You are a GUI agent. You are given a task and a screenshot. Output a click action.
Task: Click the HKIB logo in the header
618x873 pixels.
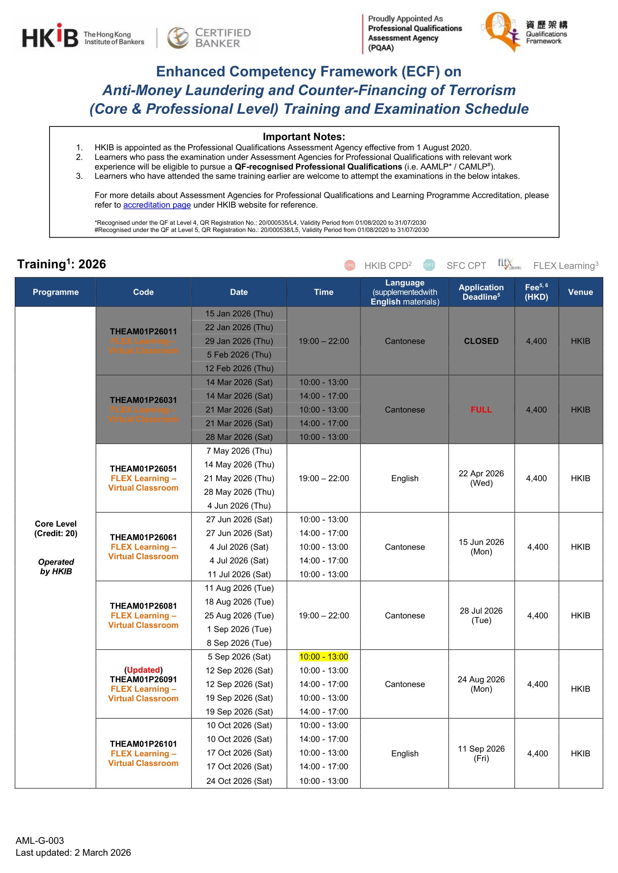pyautogui.click(x=50, y=37)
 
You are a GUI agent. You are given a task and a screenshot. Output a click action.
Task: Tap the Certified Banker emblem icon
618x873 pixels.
pyautogui.click(x=178, y=38)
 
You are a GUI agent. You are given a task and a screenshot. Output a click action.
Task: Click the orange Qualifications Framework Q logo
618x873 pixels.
pyautogui.click(x=499, y=31)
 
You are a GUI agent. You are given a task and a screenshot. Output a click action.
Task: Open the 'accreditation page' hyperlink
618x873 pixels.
pyautogui.click(x=157, y=205)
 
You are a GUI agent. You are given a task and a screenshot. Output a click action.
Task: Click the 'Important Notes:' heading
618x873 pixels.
pyautogui.click(x=304, y=136)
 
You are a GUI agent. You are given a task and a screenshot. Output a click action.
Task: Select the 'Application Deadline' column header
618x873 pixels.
pyautogui.click(x=481, y=292)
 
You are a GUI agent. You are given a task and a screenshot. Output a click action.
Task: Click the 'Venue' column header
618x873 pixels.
pyautogui.click(x=580, y=292)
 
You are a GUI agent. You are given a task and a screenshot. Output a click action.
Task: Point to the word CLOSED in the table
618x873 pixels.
pyautogui.click(x=481, y=341)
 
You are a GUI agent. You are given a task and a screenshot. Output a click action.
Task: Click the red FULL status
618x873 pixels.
pyautogui.click(x=481, y=409)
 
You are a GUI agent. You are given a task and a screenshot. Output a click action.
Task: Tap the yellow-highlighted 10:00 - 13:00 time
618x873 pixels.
pyautogui.click(x=324, y=657)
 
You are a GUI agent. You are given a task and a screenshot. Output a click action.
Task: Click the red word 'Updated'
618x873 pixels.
pyautogui.click(x=143, y=670)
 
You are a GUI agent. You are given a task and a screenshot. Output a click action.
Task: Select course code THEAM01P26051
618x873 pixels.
pyautogui.click(x=143, y=468)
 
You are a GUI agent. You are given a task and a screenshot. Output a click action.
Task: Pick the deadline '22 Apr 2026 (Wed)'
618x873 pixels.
pyautogui.click(x=481, y=478)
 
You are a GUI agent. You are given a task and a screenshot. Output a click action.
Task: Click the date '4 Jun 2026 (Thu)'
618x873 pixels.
pyautogui.click(x=239, y=506)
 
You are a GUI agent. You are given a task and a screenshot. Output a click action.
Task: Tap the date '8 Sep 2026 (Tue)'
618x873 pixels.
pyautogui.click(x=239, y=643)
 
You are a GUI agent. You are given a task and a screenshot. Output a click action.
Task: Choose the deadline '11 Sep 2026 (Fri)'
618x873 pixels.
pyautogui.click(x=481, y=753)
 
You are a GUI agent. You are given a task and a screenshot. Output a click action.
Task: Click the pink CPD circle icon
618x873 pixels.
pyautogui.click(x=349, y=266)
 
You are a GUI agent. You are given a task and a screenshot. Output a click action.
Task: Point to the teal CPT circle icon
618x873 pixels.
pyautogui.click(x=429, y=265)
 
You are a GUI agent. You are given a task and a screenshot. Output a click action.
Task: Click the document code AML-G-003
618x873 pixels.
pyautogui.click(x=40, y=840)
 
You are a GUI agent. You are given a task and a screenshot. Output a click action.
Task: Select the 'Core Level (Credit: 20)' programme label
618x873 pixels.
pyautogui.click(x=56, y=528)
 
